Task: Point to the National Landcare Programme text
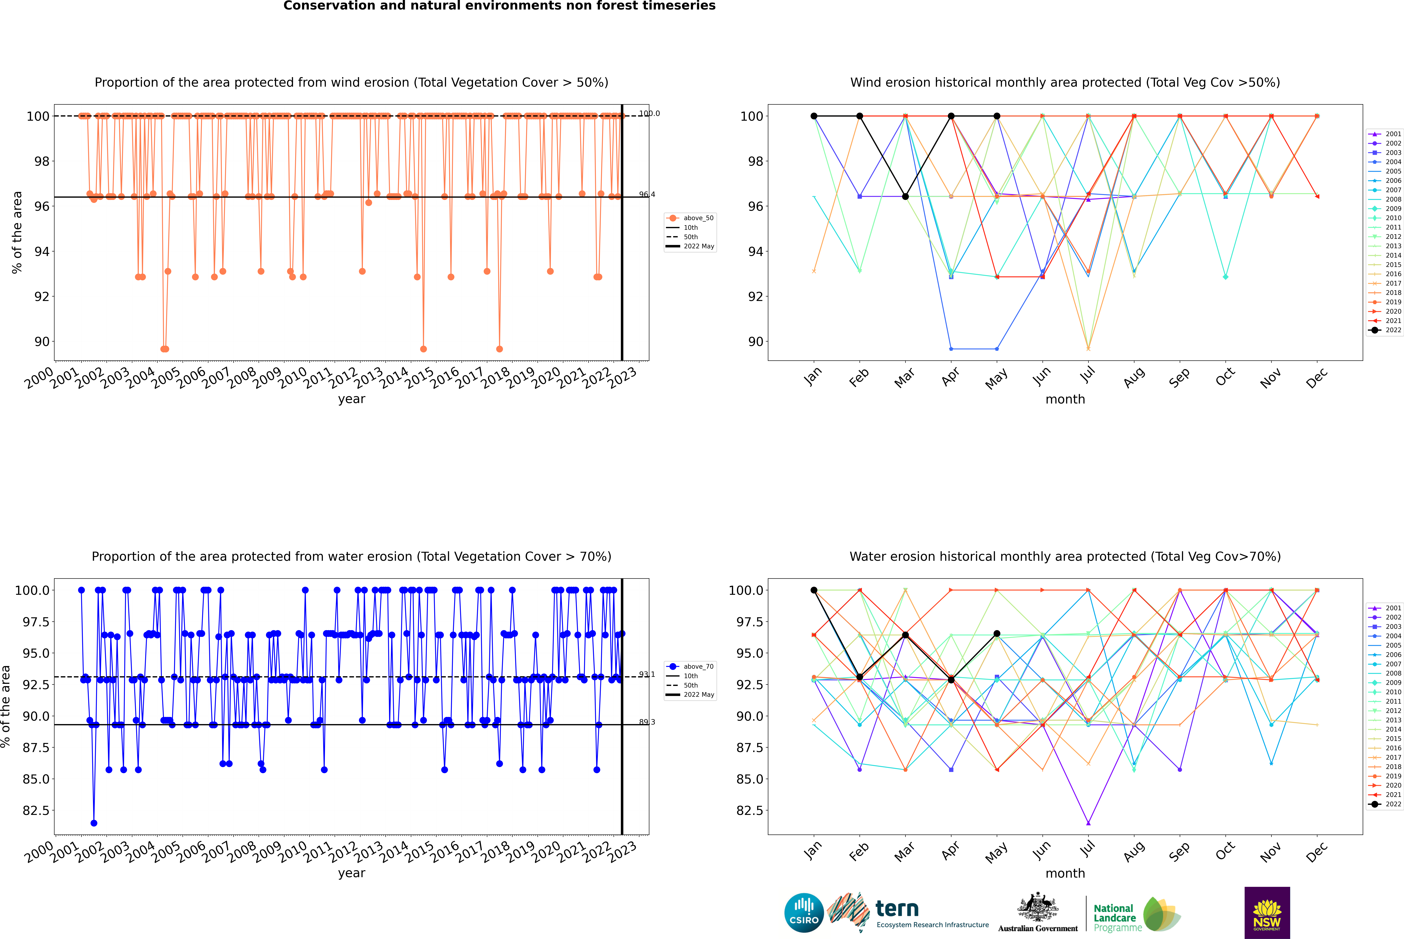click(x=1114, y=917)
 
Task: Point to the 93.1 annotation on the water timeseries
click(x=647, y=674)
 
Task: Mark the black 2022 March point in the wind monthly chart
click(x=905, y=196)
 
